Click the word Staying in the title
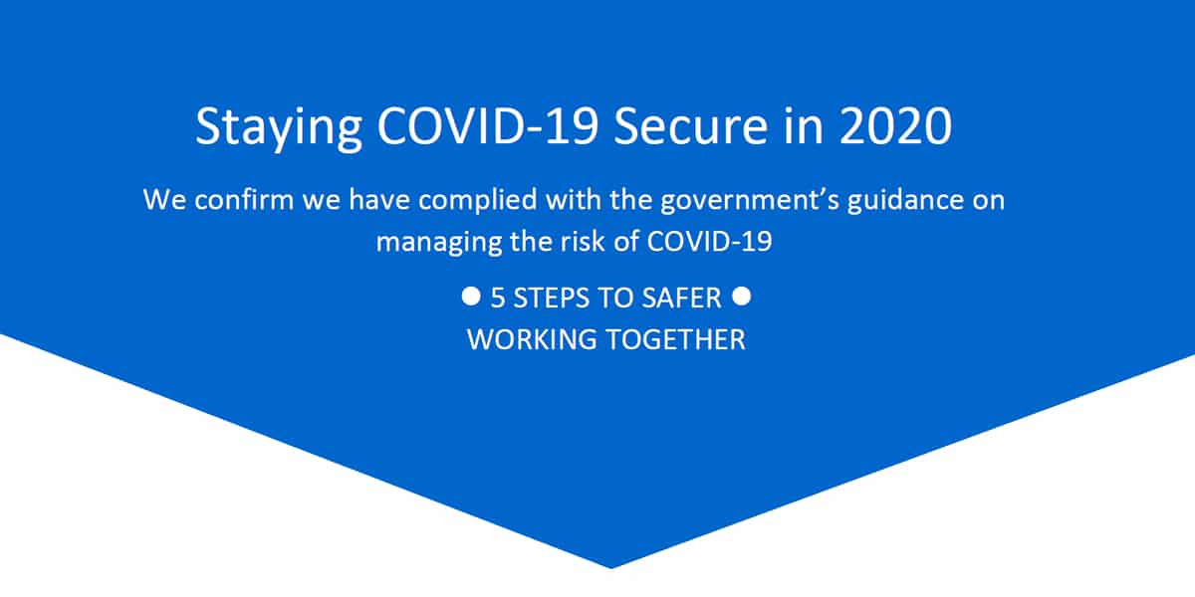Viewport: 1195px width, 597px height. click(x=279, y=128)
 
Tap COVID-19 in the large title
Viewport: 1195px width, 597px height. click(x=488, y=125)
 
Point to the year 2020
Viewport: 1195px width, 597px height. click(x=895, y=125)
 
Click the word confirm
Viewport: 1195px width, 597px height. click(x=244, y=200)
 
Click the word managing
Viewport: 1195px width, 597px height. click(x=439, y=244)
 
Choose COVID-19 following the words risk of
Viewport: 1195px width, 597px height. click(x=709, y=242)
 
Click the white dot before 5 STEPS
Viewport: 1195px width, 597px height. click(x=471, y=296)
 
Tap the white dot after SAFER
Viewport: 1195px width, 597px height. click(x=742, y=296)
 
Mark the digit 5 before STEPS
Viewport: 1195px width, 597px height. click(x=498, y=298)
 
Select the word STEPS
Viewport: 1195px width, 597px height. click(x=548, y=298)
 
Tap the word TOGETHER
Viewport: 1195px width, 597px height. click(x=675, y=339)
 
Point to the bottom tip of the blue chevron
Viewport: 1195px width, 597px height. click(x=611, y=568)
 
